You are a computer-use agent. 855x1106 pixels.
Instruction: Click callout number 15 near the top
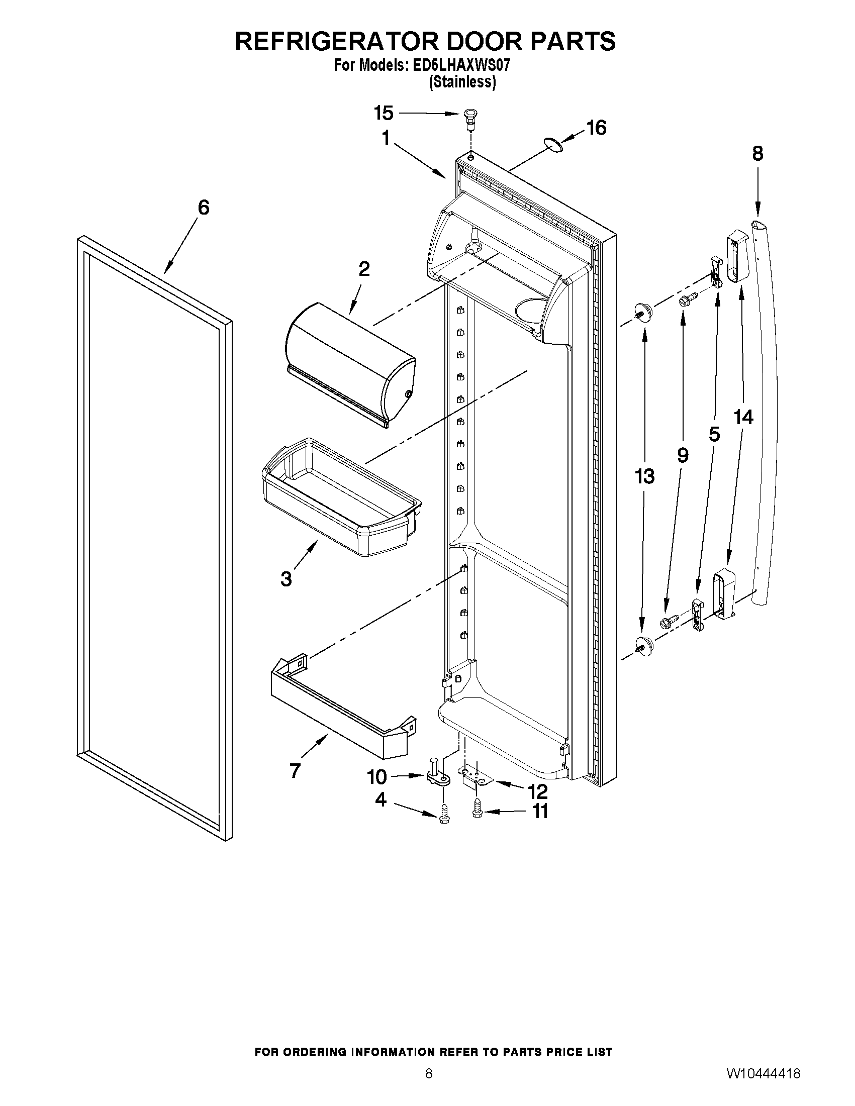[x=384, y=113]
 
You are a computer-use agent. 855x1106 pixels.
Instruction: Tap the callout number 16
[x=597, y=128]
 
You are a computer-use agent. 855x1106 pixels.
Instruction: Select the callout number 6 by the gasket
[x=203, y=207]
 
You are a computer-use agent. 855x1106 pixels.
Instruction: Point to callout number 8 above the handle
[x=757, y=153]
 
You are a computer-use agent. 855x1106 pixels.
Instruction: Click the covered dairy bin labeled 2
[x=349, y=365]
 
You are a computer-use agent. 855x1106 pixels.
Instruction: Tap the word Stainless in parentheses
[x=462, y=82]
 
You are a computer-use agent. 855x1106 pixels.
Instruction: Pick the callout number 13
[x=644, y=476]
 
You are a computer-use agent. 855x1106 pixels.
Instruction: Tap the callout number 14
[x=743, y=417]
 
